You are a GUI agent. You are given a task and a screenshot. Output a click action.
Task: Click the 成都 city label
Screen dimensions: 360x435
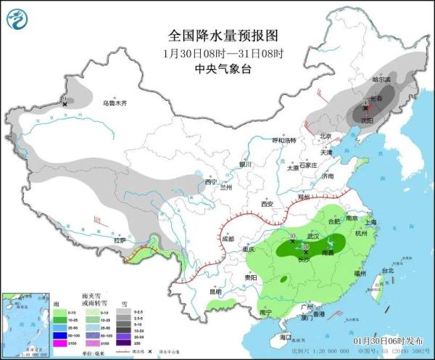(228, 238)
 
